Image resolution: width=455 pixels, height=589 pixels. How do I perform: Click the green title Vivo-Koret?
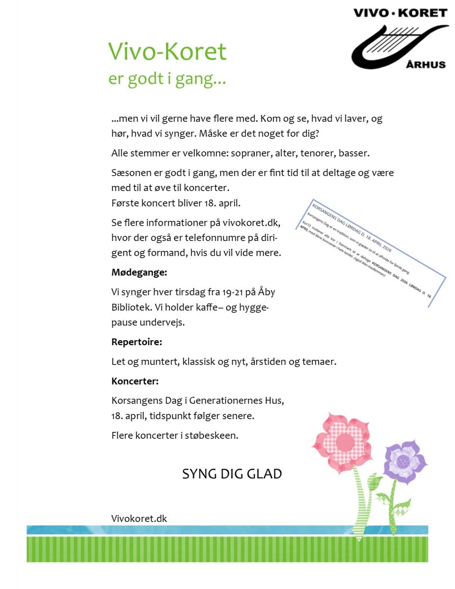click(x=167, y=52)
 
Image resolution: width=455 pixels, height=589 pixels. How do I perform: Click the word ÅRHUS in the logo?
click(x=427, y=64)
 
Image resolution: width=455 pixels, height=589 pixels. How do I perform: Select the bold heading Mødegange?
click(x=139, y=272)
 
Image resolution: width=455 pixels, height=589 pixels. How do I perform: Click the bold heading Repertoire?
click(x=136, y=342)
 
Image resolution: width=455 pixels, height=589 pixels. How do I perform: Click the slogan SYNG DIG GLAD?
click(x=232, y=474)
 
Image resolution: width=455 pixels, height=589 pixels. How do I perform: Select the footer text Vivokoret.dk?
click(x=139, y=518)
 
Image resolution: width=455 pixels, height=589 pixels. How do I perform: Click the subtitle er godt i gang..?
click(x=167, y=79)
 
